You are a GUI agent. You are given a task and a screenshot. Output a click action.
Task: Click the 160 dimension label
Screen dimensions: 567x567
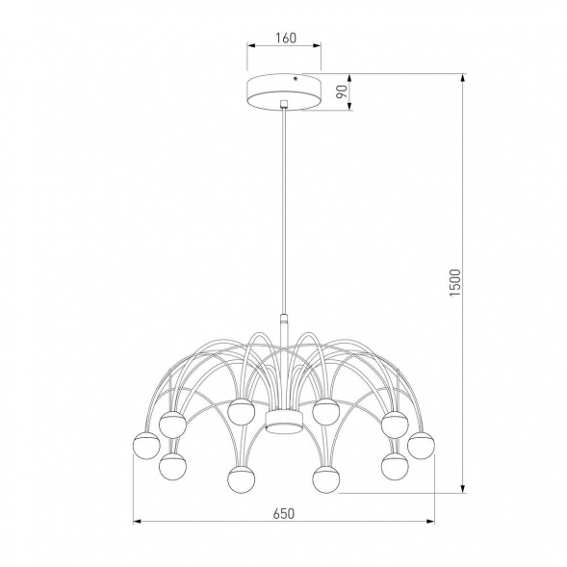pos(283,39)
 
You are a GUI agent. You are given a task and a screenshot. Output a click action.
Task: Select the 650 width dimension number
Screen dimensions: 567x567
pos(283,513)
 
